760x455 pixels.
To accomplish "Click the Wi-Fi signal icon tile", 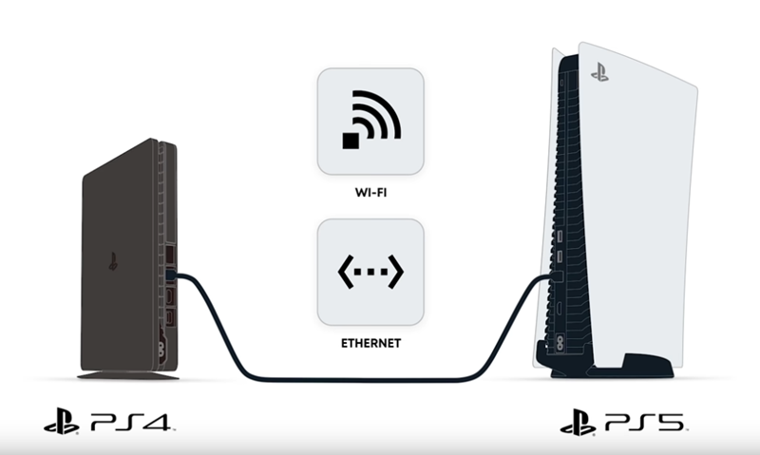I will click(x=370, y=121).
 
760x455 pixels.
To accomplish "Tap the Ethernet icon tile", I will click(x=370, y=272).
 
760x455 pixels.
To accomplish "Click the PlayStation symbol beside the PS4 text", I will click(x=64, y=421).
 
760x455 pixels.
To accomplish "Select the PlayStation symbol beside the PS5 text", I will click(x=579, y=421).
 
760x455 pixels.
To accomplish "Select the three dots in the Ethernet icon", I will click(x=370, y=272).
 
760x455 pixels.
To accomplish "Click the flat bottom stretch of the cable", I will click(x=370, y=380).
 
